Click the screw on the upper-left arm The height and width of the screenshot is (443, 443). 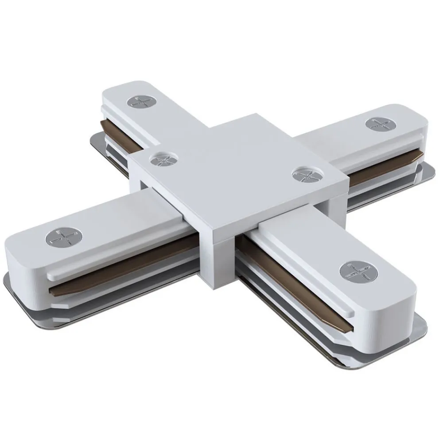pos(141,101)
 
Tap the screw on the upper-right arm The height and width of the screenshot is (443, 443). pos(379,124)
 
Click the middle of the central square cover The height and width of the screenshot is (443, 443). pos(239,173)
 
